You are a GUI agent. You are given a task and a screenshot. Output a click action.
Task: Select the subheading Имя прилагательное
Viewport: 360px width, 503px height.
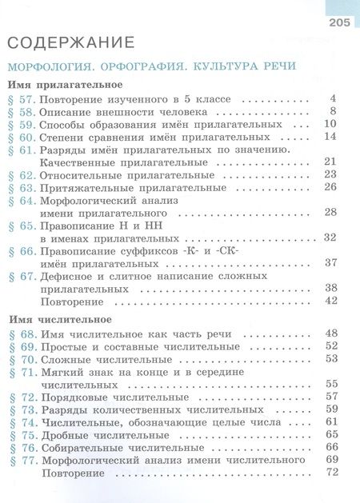(x=64, y=84)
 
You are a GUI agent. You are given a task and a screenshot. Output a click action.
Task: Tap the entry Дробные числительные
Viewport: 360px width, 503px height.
(x=104, y=434)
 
